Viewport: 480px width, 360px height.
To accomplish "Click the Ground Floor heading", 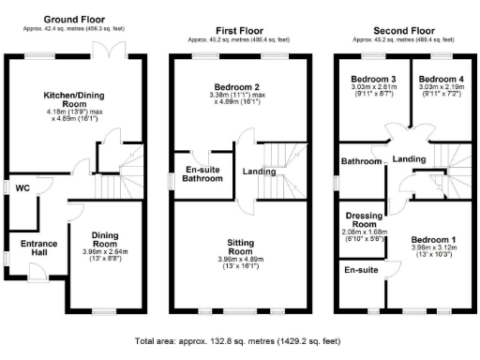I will click(74, 19).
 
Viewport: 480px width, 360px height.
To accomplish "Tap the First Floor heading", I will click(238, 30).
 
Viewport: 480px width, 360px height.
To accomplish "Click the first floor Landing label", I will click(260, 171).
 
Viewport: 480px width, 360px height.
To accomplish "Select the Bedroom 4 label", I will click(437, 79).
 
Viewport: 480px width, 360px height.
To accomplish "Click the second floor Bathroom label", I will click(361, 161).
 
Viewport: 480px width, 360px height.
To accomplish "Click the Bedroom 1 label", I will click(436, 240).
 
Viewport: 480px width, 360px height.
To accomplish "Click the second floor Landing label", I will click(410, 159).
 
